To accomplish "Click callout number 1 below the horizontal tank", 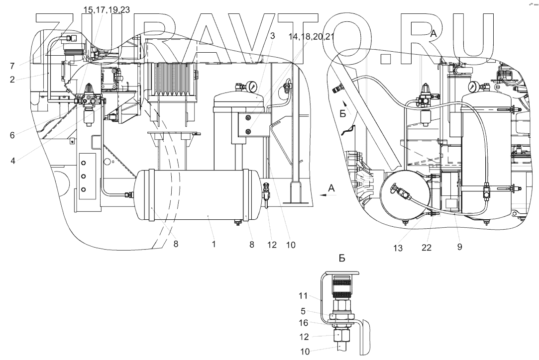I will click(x=214, y=245).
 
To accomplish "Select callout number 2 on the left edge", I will click(x=11, y=79).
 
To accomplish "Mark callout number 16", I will click(x=304, y=323).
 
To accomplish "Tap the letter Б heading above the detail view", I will click(x=342, y=259).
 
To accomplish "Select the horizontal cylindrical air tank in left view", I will click(x=194, y=195).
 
